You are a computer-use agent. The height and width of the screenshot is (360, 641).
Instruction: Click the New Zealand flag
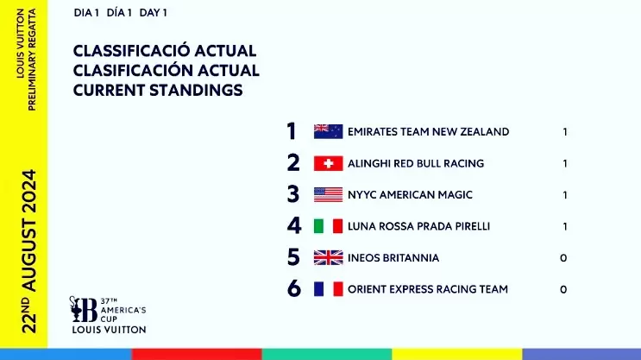click(329, 131)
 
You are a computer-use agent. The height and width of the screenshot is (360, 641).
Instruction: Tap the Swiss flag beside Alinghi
click(329, 163)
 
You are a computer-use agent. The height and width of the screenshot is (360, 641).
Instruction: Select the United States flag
click(329, 195)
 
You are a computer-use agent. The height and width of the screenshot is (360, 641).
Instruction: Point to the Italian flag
click(329, 226)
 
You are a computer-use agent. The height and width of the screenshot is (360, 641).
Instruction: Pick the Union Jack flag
click(329, 258)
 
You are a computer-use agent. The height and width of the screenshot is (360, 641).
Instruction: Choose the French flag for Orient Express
click(329, 289)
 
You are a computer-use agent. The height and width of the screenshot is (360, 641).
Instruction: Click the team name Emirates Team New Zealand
click(429, 132)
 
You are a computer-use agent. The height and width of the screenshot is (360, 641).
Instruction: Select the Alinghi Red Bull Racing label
click(416, 163)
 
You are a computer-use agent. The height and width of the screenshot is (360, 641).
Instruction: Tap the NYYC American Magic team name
click(410, 195)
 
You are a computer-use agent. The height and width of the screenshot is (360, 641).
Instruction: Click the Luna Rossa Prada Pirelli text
click(418, 226)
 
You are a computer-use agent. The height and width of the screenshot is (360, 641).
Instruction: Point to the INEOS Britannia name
click(393, 258)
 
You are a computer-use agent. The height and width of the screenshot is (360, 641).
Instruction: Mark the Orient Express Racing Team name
click(428, 289)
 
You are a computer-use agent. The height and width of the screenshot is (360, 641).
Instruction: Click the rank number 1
click(291, 131)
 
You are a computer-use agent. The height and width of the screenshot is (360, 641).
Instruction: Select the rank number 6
click(294, 289)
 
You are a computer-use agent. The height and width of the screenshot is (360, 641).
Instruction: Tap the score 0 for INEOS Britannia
click(563, 258)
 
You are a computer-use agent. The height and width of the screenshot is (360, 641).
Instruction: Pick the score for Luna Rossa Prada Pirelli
click(565, 226)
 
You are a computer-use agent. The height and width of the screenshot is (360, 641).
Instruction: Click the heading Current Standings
click(158, 90)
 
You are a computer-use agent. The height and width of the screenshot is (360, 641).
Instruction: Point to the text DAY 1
click(153, 13)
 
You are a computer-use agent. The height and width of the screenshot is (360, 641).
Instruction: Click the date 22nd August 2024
click(29, 251)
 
